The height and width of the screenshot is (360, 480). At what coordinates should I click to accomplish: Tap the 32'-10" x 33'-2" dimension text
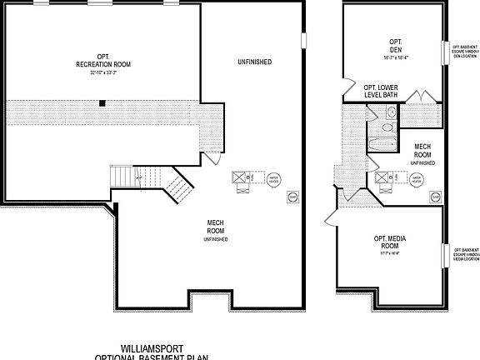(103, 72)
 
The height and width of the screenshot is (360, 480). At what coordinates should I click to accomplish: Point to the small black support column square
(102, 103)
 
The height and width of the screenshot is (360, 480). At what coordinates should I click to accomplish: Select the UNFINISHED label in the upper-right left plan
(254, 62)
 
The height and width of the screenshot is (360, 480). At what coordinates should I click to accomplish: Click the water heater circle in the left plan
(272, 178)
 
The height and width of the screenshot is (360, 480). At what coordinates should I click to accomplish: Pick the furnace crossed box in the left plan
(238, 177)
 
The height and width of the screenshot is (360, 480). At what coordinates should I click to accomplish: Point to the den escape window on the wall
(442, 52)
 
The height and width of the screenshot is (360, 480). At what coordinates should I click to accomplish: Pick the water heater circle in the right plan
(415, 177)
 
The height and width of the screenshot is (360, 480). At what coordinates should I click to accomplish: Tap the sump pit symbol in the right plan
(434, 197)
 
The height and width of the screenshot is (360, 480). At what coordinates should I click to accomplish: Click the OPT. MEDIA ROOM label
(389, 243)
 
